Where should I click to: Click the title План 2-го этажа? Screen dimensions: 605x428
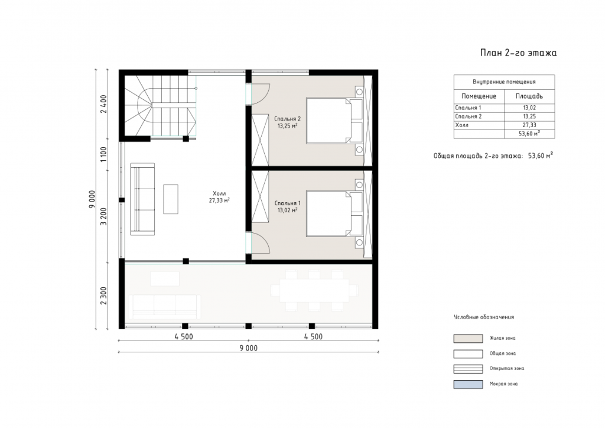click(x=518, y=53)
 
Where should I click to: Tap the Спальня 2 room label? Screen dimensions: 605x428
click(x=287, y=122)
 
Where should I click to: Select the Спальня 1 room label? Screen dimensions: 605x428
click(x=288, y=206)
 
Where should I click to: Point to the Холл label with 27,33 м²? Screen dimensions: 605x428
click(x=219, y=197)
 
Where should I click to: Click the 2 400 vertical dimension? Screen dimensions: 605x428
click(x=103, y=104)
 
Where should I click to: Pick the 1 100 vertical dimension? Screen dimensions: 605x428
click(x=103, y=154)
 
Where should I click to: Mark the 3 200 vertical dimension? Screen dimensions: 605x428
click(x=103, y=216)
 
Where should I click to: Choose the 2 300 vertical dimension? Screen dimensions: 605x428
click(x=103, y=295)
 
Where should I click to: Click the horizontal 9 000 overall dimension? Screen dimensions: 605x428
click(x=248, y=348)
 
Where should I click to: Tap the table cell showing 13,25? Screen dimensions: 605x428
click(x=529, y=116)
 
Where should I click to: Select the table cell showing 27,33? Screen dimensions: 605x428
click(x=529, y=125)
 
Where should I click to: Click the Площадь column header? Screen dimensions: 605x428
click(x=529, y=96)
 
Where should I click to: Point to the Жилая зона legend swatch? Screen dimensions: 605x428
click(x=468, y=339)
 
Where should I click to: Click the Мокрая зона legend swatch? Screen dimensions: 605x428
click(x=468, y=384)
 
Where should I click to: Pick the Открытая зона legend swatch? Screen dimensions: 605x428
click(x=468, y=369)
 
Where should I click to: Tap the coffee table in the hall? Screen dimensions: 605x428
click(x=171, y=199)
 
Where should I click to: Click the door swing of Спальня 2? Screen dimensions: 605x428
click(x=261, y=94)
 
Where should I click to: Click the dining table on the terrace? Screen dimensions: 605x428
click(x=314, y=290)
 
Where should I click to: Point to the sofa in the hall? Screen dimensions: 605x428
click(x=142, y=199)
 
